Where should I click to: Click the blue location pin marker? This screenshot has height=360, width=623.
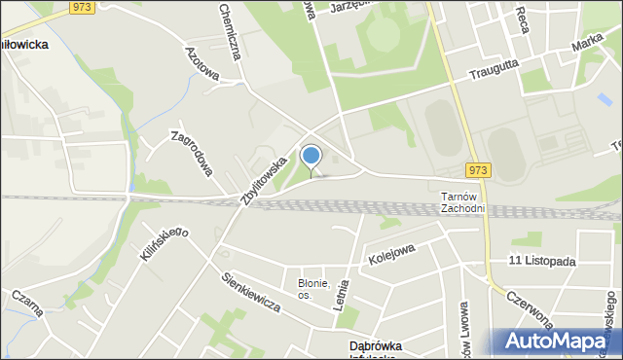(311, 157)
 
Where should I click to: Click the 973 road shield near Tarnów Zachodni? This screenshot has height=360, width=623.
(478, 170)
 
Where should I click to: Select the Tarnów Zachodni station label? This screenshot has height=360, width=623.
(462, 202)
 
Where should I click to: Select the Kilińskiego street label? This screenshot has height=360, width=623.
(164, 245)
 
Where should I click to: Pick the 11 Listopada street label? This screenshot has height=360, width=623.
(542, 262)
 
